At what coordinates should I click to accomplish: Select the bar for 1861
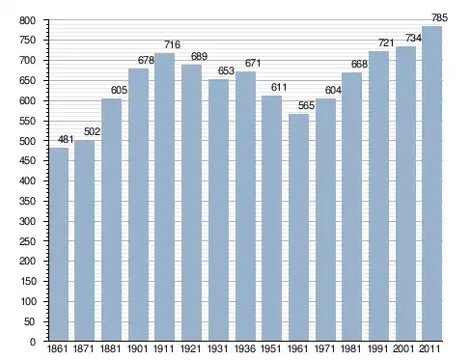tap(59, 244)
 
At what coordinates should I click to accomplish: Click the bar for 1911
tap(164, 197)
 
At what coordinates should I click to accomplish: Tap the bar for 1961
tap(298, 227)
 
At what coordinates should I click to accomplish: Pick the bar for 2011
tap(431, 183)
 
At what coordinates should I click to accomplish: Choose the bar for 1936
tap(245, 206)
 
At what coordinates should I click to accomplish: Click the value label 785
tap(439, 17)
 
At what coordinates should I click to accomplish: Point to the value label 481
tap(66, 139)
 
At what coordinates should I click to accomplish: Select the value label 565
tap(306, 105)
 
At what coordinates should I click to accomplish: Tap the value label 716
tap(173, 44)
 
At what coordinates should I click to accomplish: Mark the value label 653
tap(226, 70)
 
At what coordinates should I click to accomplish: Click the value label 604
tap(333, 91)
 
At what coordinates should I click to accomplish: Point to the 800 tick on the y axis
tap(27, 21)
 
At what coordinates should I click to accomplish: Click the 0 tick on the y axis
tap(33, 342)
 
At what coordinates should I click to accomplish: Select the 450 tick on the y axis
tap(27, 161)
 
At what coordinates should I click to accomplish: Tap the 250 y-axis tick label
tap(27, 241)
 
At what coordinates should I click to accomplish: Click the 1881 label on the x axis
tap(110, 348)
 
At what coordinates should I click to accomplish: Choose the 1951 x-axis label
tap(270, 348)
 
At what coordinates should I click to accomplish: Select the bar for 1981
tap(351, 207)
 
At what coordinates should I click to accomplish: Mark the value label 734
tap(413, 39)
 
